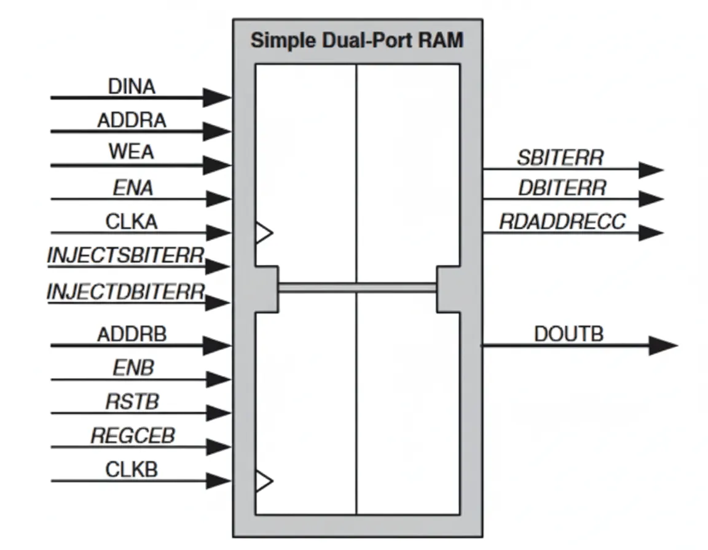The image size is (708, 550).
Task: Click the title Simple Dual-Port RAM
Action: (x=356, y=41)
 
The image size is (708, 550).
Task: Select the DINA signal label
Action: (x=132, y=87)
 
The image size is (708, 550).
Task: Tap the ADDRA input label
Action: (x=132, y=120)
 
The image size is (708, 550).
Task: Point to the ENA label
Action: (x=132, y=187)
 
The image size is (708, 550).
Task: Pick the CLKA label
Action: (x=132, y=221)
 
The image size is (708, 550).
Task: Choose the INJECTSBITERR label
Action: (x=125, y=255)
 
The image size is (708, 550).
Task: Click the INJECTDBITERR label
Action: (x=125, y=291)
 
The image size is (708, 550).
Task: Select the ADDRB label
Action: (x=132, y=335)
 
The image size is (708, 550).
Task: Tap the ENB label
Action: (x=133, y=368)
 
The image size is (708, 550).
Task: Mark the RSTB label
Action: (x=132, y=401)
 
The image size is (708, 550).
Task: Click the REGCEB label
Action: (x=132, y=435)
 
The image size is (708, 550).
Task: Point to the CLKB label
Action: (x=132, y=470)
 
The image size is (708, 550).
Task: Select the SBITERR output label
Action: (x=560, y=158)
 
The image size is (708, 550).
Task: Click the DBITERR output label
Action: (x=561, y=188)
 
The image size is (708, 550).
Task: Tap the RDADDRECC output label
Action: (x=562, y=221)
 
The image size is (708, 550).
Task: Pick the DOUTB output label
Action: (x=568, y=334)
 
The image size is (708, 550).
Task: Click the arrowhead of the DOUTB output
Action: (x=663, y=346)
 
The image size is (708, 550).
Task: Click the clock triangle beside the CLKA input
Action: (x=264, y=233)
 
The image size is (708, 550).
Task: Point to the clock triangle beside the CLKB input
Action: (x=264, y=481)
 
